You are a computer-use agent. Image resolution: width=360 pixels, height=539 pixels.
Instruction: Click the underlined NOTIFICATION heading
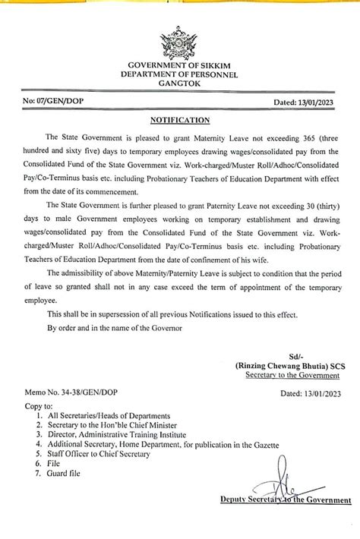pyautogui.click(x=180, y=120)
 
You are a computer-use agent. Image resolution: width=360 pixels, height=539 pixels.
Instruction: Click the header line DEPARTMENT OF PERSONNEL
pyautogui.click(x=179, y=75)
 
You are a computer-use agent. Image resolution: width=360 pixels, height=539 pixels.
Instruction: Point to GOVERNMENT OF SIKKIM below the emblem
pyautogui.click(x=179, y=67)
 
